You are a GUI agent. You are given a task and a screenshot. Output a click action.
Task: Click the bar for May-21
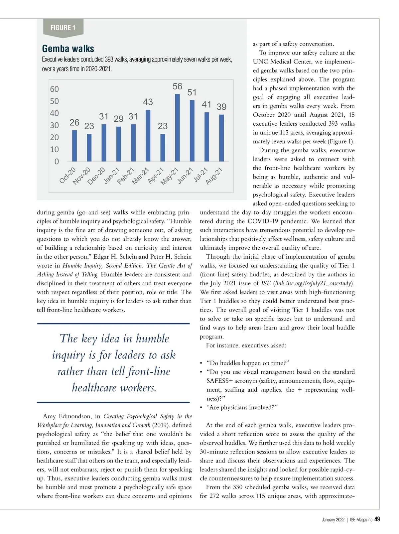[177, 128]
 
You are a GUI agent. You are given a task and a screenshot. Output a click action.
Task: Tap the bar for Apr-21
[163, 148]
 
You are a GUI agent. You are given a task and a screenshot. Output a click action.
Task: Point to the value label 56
[177, 86]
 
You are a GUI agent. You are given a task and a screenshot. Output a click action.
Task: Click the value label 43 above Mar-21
[148, 102]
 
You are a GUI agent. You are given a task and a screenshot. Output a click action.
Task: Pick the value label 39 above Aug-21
[221, 107]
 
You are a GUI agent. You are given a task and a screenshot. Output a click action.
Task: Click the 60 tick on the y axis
[54, 89]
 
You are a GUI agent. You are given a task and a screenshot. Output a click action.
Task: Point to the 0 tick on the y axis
[57, 162]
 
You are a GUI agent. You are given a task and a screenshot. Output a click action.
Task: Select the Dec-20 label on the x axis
[96, 176]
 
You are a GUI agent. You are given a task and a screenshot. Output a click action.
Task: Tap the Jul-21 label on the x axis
[201, 175]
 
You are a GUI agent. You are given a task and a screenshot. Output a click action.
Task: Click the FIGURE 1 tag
[63, 28]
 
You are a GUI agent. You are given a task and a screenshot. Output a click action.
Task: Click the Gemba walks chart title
[68, 49]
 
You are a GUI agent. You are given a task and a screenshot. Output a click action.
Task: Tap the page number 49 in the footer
[377, 519]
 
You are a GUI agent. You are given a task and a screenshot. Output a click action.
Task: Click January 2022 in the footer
[333, 520]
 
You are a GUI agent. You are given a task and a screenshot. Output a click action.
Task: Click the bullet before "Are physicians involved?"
[201, 408]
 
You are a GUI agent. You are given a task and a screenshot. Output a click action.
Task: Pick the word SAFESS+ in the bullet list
[219, 381]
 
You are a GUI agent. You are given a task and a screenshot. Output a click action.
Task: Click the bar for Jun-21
[192, 131]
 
